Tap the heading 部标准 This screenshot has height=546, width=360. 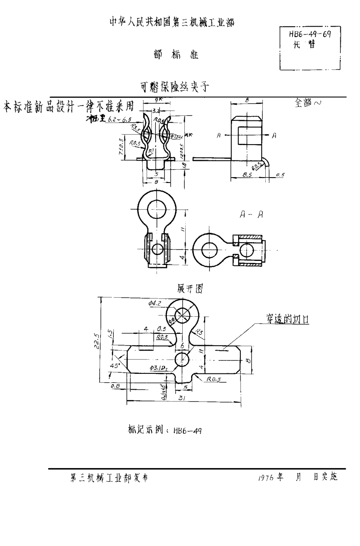point(175,55)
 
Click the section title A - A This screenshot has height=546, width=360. point(251,215)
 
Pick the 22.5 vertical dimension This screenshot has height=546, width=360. point(97,340)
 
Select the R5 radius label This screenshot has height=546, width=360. point(200,332)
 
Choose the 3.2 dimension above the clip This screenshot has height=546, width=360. point(155,111)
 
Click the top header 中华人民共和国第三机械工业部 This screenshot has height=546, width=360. point(171,23)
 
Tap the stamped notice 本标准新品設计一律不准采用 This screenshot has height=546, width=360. point(69,107)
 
